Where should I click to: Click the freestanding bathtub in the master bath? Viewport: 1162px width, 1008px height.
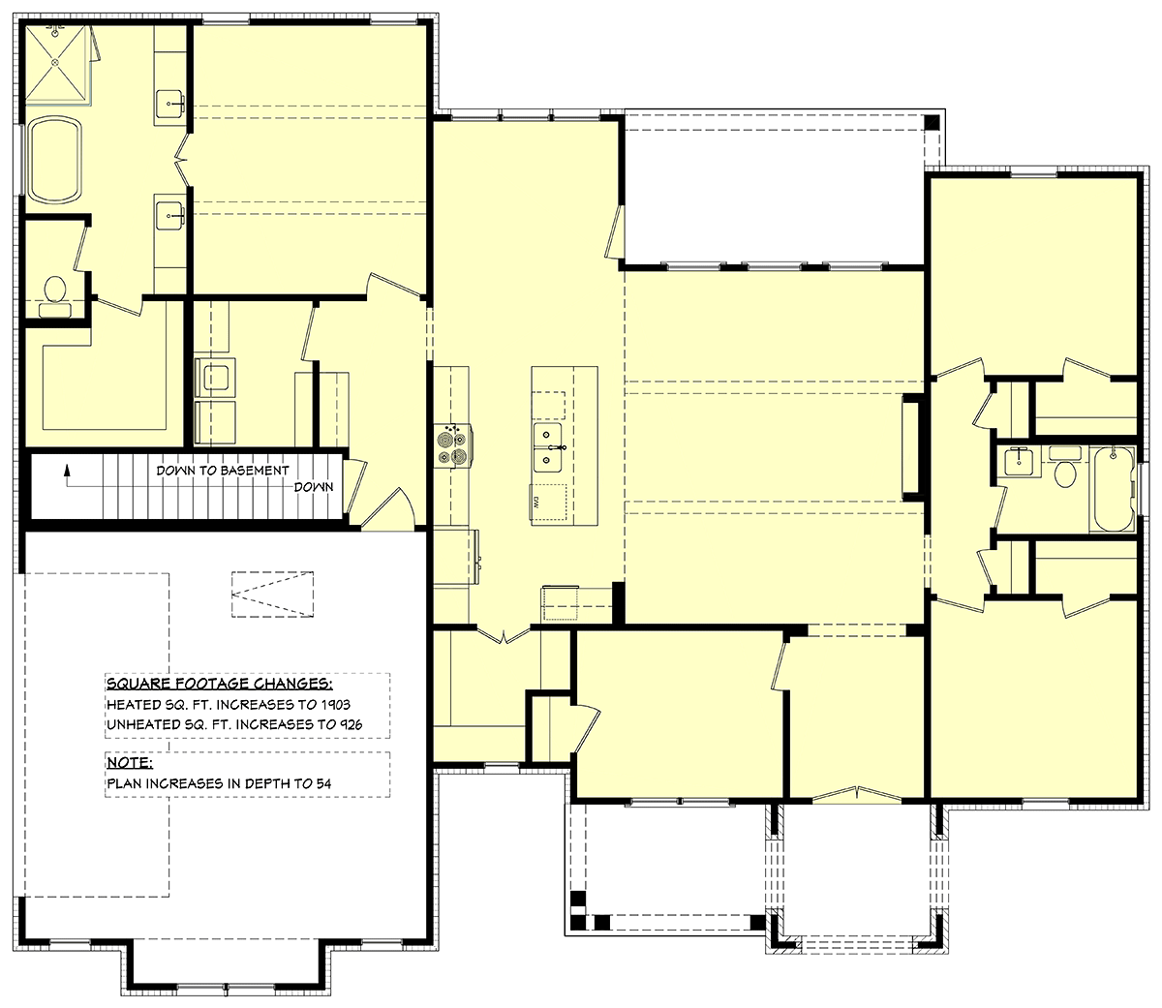click(x=55, y=160)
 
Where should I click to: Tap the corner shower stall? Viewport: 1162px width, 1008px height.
click(x=58, y=64)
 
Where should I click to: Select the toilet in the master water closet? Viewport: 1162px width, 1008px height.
click(x=55, y=295)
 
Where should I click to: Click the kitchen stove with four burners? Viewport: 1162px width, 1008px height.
click(x=453, y=445)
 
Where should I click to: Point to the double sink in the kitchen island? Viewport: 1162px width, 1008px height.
click(x=547, y=447)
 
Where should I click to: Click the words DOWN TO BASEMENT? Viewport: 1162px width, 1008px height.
click(x=222, y=471)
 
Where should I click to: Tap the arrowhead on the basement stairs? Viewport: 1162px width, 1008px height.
click(x=67, y=470)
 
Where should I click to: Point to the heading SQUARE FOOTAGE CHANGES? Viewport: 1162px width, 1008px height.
click(x=220, y=684)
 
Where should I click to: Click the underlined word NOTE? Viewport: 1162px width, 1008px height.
click(x=130, y=762)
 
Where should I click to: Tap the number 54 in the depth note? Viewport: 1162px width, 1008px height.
click(x=323, y=783)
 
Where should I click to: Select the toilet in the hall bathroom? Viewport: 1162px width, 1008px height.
click(x=1065, y=469)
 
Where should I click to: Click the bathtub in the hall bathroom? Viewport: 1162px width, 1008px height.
click(x=1112, y=489)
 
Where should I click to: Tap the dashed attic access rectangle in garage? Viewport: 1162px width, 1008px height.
click(x=272, y=594)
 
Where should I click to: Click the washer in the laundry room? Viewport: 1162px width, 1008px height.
click(x=215, y=378)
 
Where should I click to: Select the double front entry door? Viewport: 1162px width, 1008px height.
click(x=857, y=794)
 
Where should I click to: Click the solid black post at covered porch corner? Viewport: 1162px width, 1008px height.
click(x=932, y=123)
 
